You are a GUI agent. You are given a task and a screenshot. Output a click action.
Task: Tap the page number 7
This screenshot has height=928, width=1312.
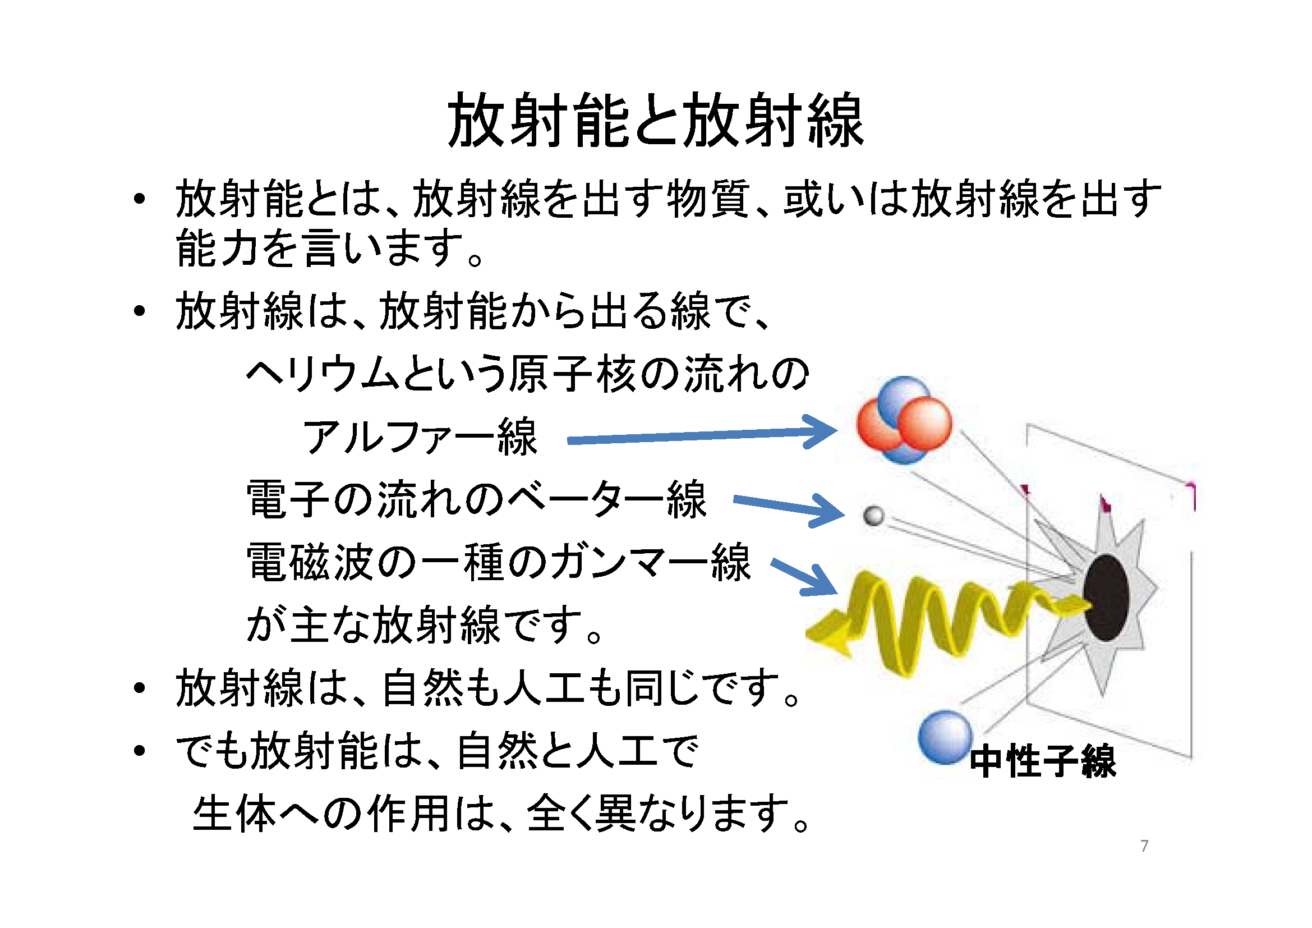click(x=1144, y=846)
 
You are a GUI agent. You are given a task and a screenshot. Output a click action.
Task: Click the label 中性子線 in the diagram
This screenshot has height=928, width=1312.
click(x=1043, y=761)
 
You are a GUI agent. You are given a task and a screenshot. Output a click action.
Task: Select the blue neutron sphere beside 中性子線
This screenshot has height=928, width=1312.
click(x=945, y=737)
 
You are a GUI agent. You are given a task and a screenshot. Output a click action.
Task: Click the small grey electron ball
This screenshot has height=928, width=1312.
click(x=874, y=516)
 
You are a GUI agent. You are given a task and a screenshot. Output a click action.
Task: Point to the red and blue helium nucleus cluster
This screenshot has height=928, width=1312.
click(x=904, y=420)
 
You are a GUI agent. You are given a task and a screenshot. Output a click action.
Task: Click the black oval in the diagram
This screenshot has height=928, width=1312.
click(x=1106, y=598)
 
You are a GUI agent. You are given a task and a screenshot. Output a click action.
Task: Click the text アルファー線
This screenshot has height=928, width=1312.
click(x=420, y=437)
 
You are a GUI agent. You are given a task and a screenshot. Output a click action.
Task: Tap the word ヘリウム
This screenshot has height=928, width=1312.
click(x=323, y=374)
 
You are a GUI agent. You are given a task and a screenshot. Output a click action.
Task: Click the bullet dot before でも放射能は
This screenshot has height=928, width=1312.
click(x=139, y=750)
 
